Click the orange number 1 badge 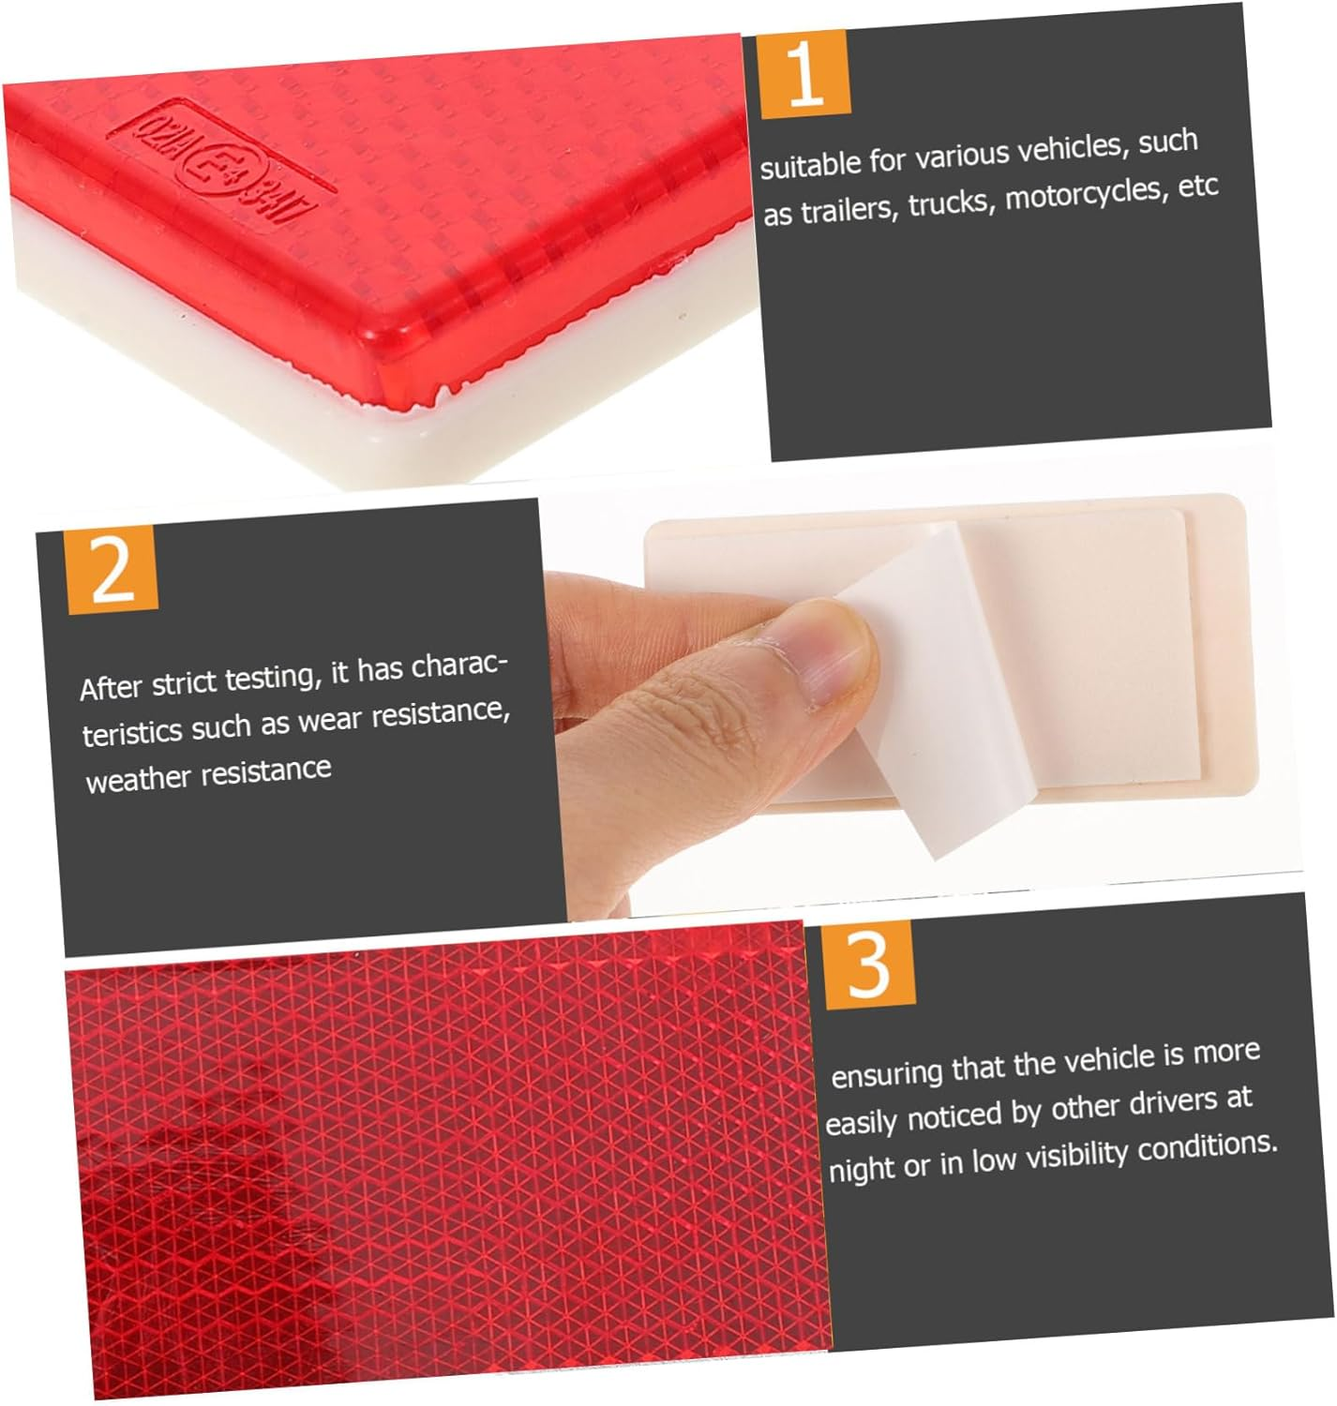point(804,74)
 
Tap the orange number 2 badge point(112,569)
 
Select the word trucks point(949,202)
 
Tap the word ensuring point(887,1073)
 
